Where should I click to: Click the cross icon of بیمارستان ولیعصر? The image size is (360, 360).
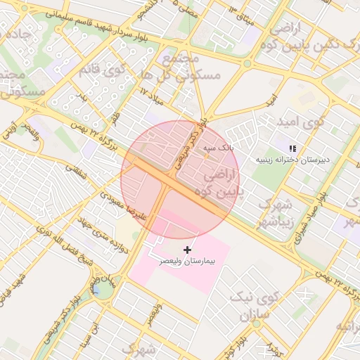point(187,250)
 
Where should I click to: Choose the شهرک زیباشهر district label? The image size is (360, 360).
point(277,212)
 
